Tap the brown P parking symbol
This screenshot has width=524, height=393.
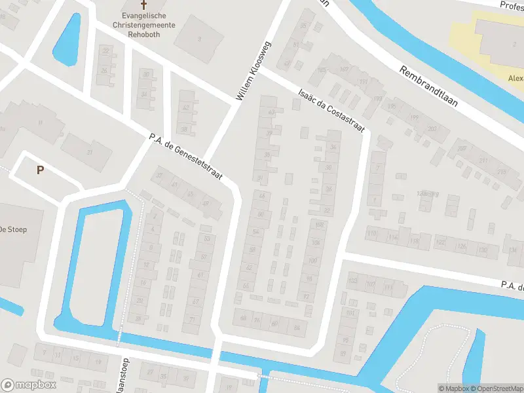coord(40,170)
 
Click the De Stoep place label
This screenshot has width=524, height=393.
coord(12,229)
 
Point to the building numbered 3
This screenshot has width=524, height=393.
coord(199,39)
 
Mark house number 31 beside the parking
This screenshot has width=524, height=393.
coord(90,152)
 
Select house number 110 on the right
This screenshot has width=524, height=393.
coord(373,234)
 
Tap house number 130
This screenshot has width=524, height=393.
coord(483,250)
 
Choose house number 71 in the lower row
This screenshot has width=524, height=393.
coord(193,320)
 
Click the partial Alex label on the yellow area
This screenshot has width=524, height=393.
coord(515,77)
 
